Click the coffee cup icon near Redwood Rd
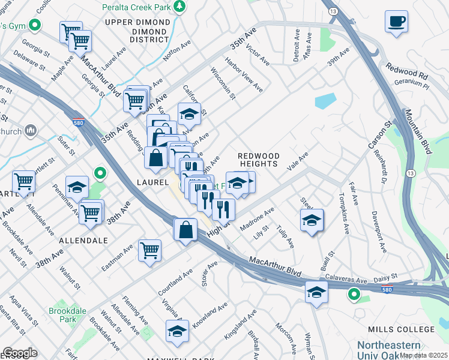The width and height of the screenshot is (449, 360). (396, 22)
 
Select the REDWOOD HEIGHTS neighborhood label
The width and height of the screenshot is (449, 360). (258, 160)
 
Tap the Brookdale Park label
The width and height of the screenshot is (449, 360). (68, 315)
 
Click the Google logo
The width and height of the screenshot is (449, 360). (20, 352)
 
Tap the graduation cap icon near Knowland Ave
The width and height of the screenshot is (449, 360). (177, 332)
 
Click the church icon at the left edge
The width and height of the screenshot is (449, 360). (31, 131)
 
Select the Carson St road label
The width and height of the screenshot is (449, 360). (379, 136)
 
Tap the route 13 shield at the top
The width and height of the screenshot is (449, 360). (333, 11)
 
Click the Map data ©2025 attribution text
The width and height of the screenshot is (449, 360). (424, 355)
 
